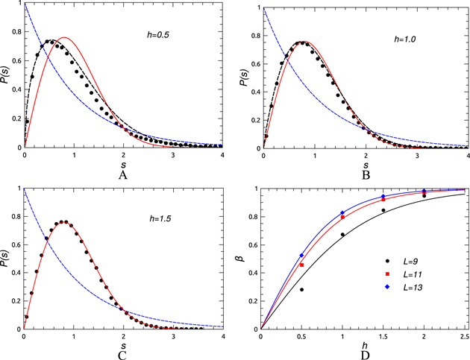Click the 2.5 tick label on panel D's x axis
coord(466,337)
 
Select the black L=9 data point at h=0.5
coord(302,289)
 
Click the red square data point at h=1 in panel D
coord(343,217)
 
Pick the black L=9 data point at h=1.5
coord(383,210)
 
